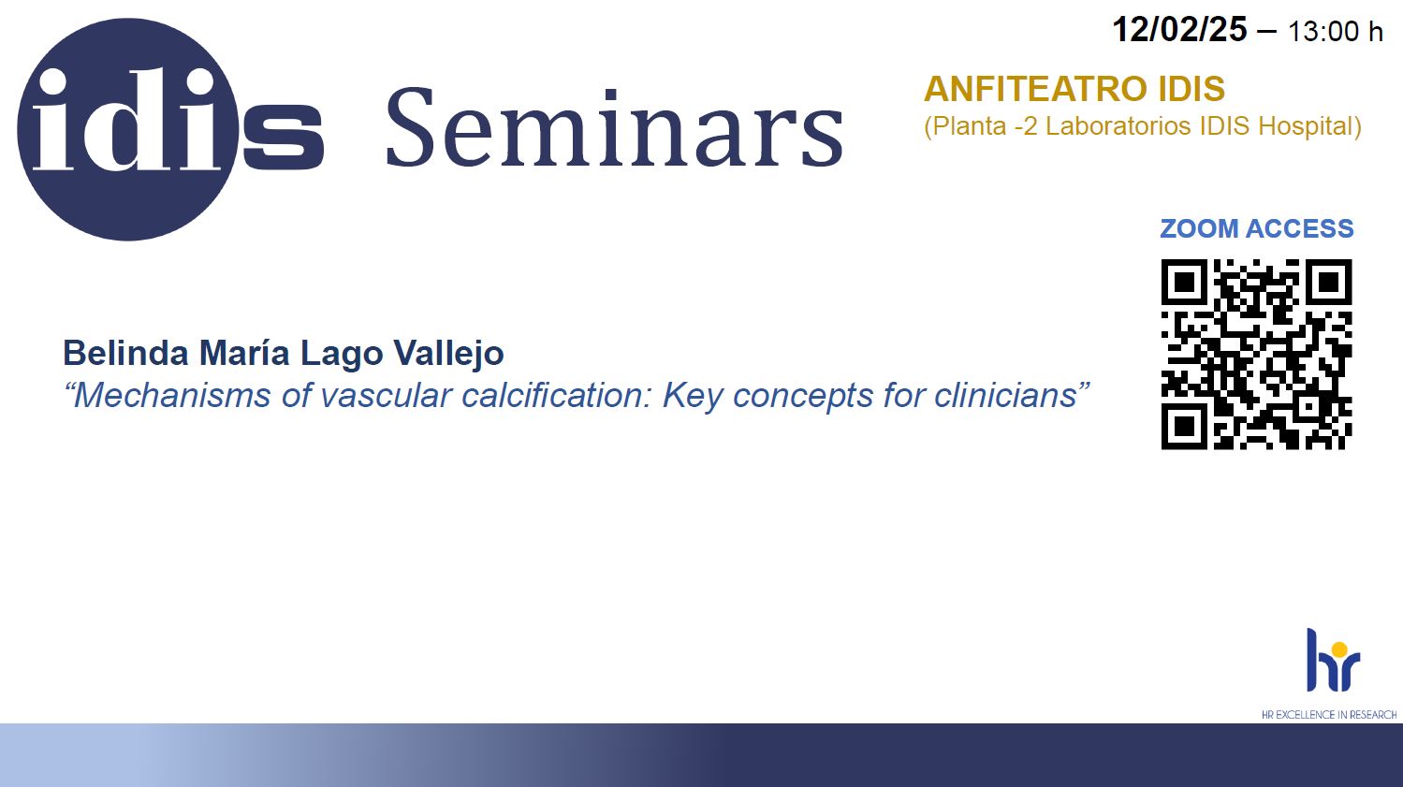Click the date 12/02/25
1179,29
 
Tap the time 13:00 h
1336,31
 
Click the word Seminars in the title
614,127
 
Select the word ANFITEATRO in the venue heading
1035,88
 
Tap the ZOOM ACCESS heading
1256,228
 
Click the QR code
1256,355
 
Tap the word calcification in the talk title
558,395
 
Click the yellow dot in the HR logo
1339,649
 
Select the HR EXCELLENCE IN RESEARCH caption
1328,714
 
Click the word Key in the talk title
692,397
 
